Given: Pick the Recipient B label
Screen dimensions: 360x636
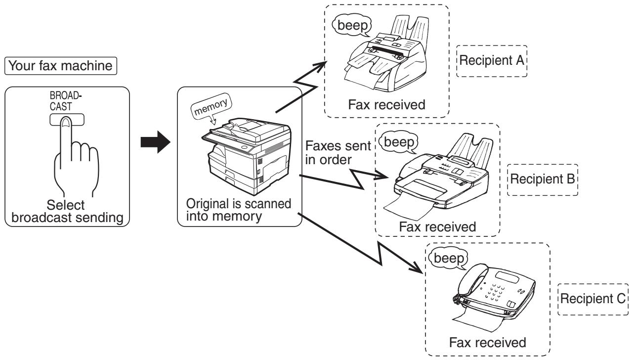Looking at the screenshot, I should (x=542, y=179).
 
